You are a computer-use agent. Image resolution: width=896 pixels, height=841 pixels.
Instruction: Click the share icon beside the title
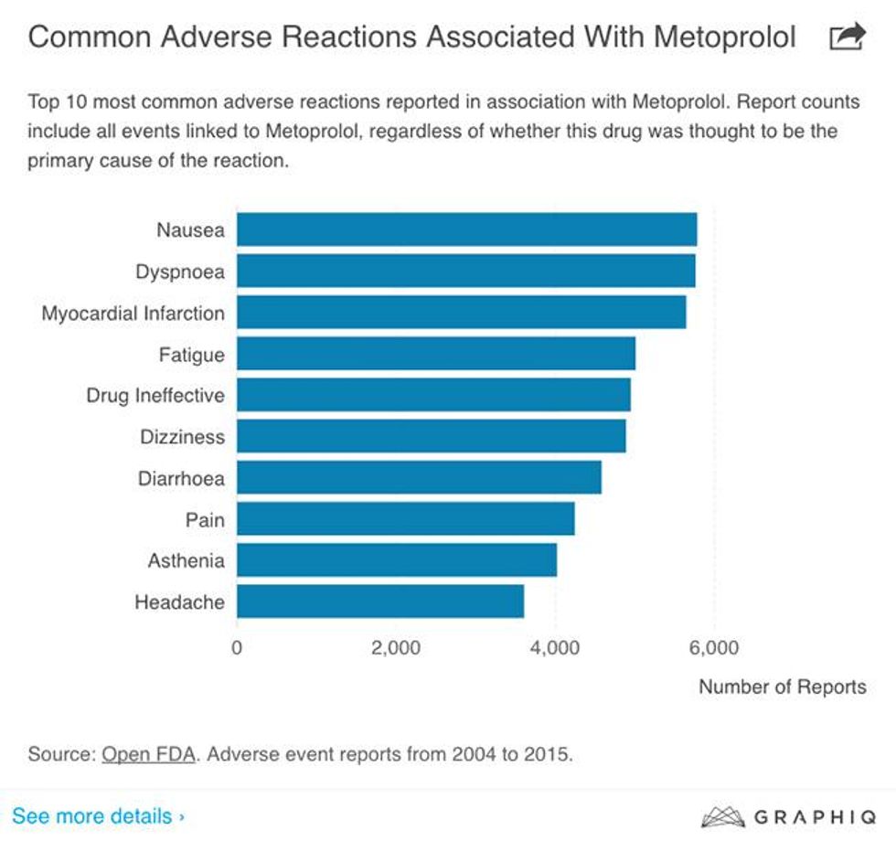tap(846, 37)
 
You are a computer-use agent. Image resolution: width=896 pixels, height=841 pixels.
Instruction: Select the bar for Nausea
tap(466, 229)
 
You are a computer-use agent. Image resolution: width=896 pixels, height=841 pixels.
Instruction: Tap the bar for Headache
tap(380, 602)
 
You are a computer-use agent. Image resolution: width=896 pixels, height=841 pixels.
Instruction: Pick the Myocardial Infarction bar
tap(461, 313)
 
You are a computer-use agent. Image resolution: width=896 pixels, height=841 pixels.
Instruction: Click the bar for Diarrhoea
tap(419, 478)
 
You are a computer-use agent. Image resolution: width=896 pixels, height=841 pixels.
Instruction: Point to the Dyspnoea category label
tap(179, 271)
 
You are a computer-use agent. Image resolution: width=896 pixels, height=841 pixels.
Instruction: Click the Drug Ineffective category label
tap(155, 396)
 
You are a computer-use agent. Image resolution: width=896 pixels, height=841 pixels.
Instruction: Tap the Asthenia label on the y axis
tap(186, 561)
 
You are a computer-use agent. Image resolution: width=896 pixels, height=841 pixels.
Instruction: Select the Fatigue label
tap(191, 355)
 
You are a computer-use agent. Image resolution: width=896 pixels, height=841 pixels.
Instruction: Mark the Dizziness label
tap(182, 437)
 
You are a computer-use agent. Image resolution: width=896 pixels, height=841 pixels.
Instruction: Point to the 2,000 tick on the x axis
tap(396, 649)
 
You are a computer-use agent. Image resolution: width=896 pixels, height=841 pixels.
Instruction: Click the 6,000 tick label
tap(713, 649)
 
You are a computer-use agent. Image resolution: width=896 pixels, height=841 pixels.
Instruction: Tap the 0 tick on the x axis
tap(237, 649)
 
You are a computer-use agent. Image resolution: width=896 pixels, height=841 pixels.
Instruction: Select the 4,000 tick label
tap(555, 649)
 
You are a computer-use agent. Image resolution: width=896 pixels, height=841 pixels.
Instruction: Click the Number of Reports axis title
tap(782, 687)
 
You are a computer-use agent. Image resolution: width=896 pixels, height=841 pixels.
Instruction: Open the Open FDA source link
tap(147, 755)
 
